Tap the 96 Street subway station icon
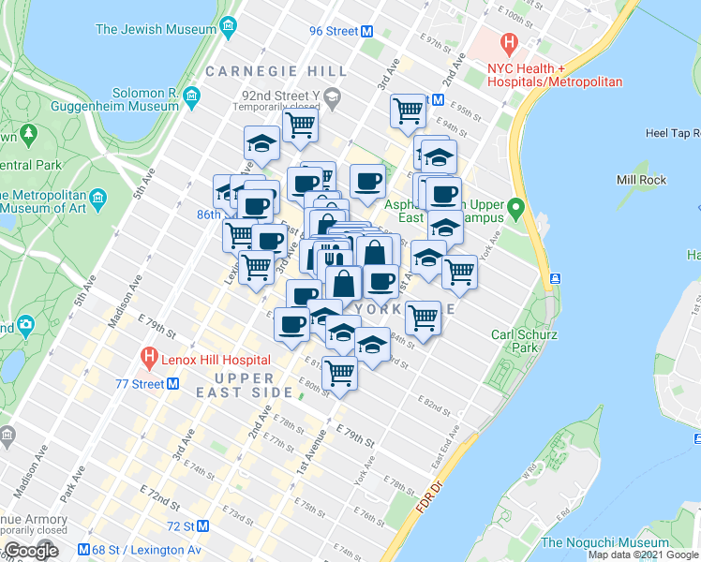coord(368,31)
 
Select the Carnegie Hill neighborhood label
coord(264,71)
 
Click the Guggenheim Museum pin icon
coord(191,96)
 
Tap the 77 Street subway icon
coord(173,384)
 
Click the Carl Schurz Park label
coord(515,341)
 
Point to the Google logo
coord(30,551)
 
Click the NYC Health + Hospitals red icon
coord(509,42)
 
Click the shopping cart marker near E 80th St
coord(339,372)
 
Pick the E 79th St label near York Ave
coord(357,436)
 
